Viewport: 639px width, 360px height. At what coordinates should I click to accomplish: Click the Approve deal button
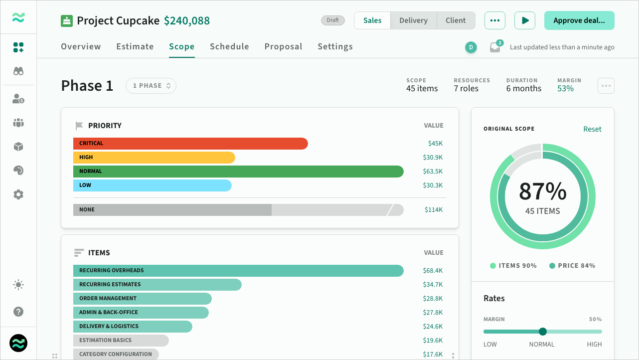(579, 20)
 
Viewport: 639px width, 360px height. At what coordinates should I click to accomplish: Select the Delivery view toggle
(413, 20)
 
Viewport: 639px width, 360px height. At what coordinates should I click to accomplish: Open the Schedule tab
(229, 46)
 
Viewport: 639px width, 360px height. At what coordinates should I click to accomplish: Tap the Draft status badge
(332, 20)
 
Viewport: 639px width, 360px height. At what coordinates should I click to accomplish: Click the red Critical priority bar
(190, 144)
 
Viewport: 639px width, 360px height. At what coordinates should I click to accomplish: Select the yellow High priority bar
(154, 158)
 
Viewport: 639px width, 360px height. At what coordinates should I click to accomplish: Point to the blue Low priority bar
(153, 185)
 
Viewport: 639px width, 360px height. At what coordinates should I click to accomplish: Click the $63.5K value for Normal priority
(433, 172)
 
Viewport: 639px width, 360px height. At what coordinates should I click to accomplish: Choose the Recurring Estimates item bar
(158, 285)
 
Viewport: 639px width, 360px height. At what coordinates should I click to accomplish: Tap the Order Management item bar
(143, 299)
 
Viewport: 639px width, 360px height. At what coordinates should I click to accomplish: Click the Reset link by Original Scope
(592, 129)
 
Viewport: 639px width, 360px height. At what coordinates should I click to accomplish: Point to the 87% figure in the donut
(543, 191)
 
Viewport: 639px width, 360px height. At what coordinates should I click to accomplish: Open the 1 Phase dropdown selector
(151, 86)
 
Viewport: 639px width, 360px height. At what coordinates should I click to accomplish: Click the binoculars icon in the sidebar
(18, 71)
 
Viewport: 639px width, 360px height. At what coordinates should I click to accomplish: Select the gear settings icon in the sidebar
(18, 194)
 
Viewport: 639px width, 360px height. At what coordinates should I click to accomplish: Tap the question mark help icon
(18, 312)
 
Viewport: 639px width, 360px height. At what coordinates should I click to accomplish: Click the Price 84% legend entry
(572, 266)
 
